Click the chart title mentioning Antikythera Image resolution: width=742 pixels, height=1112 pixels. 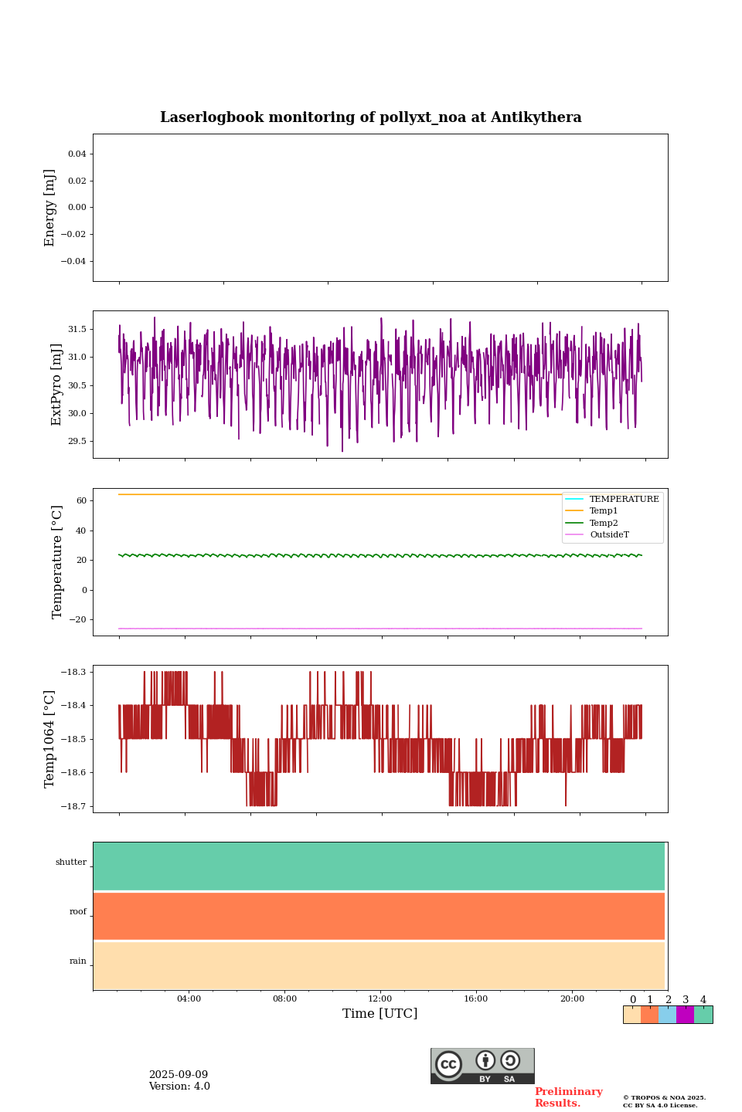point(370,117)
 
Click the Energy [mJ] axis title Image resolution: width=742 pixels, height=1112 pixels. point(50,208)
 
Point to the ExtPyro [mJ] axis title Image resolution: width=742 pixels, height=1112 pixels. point(56,385)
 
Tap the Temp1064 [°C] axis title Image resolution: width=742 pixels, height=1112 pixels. point(50,739)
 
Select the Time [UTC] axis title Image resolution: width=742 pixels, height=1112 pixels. point(380,1013)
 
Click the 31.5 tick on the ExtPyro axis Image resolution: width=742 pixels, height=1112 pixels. point(77,330)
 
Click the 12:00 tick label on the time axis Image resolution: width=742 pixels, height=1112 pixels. point(380,998)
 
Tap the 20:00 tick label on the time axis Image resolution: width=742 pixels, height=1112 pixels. point(572,998)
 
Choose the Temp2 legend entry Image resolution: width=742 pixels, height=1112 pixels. point(604,523)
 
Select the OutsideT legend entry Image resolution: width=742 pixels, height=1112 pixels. point(609,534)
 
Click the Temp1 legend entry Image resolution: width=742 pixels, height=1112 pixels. point(604,511)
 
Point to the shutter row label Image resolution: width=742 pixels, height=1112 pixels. point(71,863)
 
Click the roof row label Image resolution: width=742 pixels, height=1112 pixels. point(78,912)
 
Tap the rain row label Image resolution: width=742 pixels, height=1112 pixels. point(78,961)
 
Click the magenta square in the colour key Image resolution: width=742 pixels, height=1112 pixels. point(685,1015)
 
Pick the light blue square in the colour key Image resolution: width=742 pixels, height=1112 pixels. point(667,1015)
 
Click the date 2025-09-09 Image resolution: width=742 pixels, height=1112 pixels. point(179,1075)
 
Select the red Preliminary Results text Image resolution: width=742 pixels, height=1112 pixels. point(568,1097)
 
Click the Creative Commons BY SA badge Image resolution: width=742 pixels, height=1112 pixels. point(482,1066)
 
